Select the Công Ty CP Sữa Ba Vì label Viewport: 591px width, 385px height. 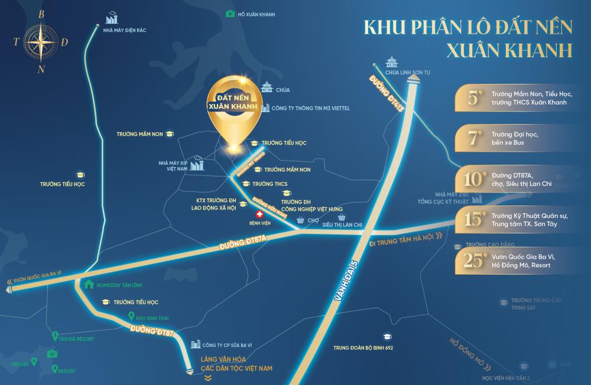click(227, 343)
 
